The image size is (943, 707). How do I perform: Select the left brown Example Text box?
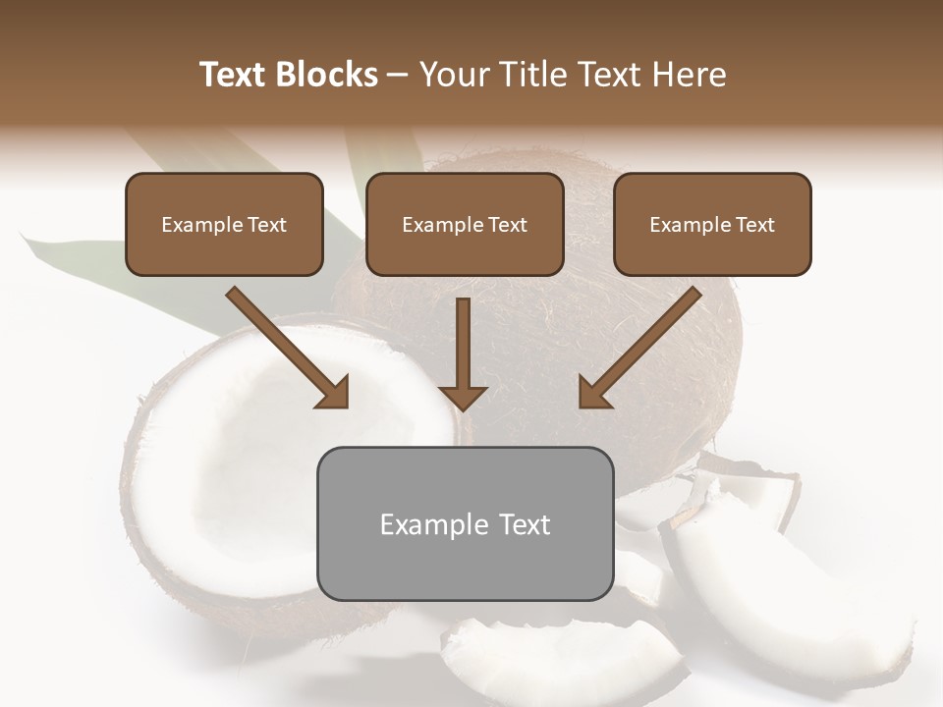coord(224,224)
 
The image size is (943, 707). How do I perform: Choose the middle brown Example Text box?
coord(465,224)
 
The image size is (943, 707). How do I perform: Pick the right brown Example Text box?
coord(712,224)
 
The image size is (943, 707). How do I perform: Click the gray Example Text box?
coord(465,523)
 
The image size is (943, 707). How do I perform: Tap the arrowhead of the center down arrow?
coord(463,397)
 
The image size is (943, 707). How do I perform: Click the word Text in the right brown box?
coord(754,225)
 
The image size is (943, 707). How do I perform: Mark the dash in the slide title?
coord(398,75)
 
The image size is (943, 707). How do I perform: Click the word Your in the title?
coord(453,75)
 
